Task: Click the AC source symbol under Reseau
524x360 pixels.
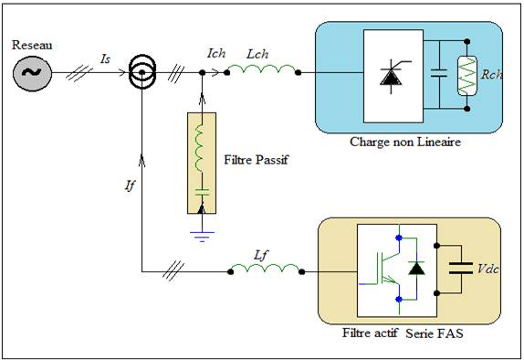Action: tap(33, 73)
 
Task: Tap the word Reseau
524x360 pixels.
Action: tap(32, 45)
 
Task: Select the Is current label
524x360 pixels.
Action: tap(105, 59)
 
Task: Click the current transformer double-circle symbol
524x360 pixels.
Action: tap(142, 72)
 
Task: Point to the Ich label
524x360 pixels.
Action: tap(216, 53)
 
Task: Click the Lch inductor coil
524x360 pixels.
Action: tap(262, 69)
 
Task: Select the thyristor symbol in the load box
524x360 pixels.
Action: tap(393, 76)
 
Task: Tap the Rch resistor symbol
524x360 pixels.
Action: tap(467, 76)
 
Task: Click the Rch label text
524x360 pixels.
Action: tap(491, 74)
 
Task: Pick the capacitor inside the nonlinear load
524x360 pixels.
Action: tap(439, 73)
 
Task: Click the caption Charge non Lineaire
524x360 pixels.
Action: tap(405, 143)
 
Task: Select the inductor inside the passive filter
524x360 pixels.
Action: tap(199, 147)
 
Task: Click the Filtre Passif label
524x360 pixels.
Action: tap(256, 160)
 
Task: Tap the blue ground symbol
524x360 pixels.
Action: tap(202, 237)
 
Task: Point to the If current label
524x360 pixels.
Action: tap(130, 185)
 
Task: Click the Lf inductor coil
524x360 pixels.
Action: tap(266, 269)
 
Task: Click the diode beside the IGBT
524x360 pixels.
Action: tap(416, 269)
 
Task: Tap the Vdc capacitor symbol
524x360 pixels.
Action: tap(461, 269)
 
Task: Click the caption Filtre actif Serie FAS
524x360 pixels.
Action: tap(403, 334)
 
